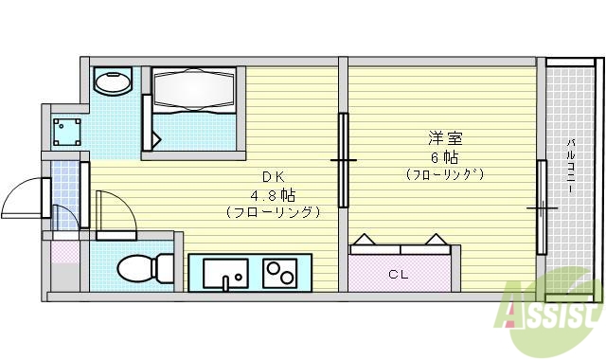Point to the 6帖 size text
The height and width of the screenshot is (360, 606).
[444, 157]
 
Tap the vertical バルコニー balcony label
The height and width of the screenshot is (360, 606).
[571, 167]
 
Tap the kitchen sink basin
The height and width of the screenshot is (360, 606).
[223, 273]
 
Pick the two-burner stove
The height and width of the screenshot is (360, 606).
[278, 273]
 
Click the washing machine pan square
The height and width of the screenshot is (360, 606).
[64, 130]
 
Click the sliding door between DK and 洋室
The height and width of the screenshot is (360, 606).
[343, 160]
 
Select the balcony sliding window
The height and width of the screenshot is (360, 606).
[543, 207]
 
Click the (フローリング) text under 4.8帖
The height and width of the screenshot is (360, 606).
[274, 212]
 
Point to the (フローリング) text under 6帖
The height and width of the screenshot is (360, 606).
[444, 174]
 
